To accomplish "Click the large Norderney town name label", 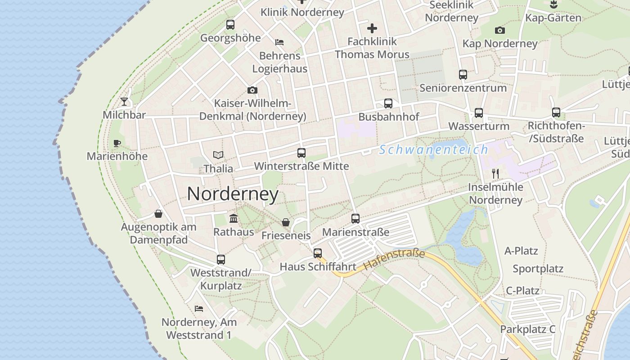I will click(x=233, y=194).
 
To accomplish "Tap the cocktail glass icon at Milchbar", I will click(x=124, y=102).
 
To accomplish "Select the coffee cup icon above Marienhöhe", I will click(x=117, y=144).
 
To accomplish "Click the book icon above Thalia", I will click(x=218, y=155).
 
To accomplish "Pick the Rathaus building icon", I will click(x=234, y=219).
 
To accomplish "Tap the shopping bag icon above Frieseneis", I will click(x=286, y=222).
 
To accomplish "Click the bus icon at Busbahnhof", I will click(x=388, y=103).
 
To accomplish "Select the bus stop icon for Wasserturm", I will click(x=479, y=113).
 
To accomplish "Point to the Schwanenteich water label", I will click(x=433, y=150).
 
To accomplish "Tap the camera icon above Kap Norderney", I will click(x=499, y=31).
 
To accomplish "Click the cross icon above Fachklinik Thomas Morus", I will click(x=372, y=29).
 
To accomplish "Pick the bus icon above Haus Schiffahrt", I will click(x=318, y=253).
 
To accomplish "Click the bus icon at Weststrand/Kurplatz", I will click(x=220, y=260).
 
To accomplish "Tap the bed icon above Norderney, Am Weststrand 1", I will click(x=199, y=309).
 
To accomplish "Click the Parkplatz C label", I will click(x=527, y=329).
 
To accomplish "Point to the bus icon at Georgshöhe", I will click(x=230, y=25).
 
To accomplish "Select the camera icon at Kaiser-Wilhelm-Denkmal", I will click(x=252, y=90).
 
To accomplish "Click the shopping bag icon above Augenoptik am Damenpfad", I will click(x=158, y=213).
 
